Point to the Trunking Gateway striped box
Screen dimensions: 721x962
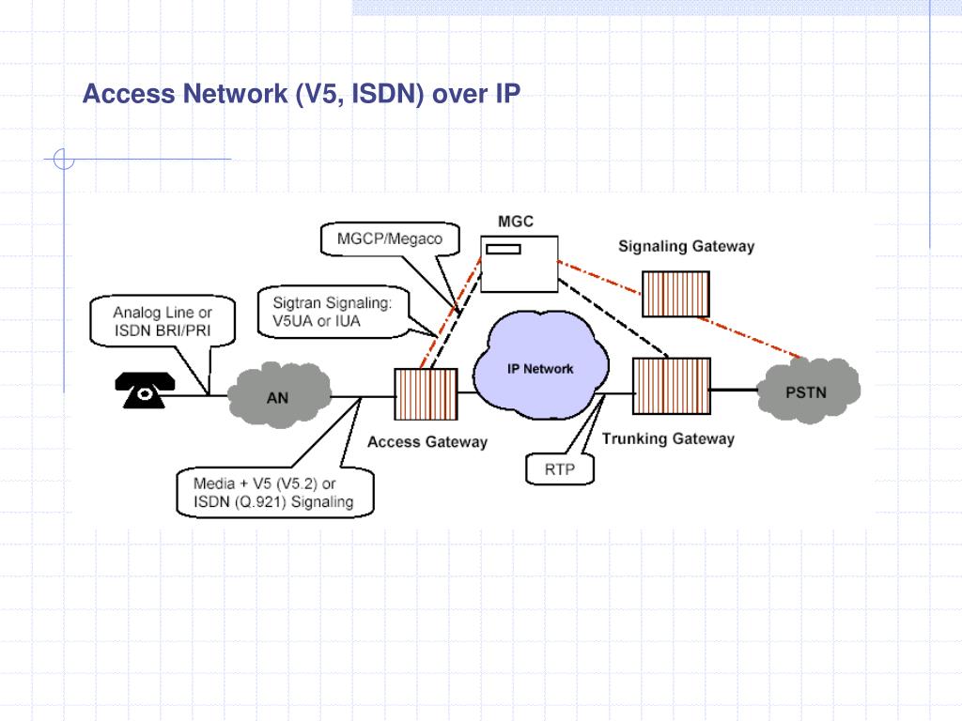(670, 387)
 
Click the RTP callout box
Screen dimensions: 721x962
(558, 468)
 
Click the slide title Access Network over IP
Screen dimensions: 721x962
(301, 94)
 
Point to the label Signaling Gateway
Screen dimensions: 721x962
(686, 247)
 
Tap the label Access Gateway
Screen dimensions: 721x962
(427, 441)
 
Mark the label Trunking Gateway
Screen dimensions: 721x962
(668, 438)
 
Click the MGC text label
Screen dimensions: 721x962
(515, 222)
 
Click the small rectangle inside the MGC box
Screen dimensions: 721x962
(503, 249)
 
